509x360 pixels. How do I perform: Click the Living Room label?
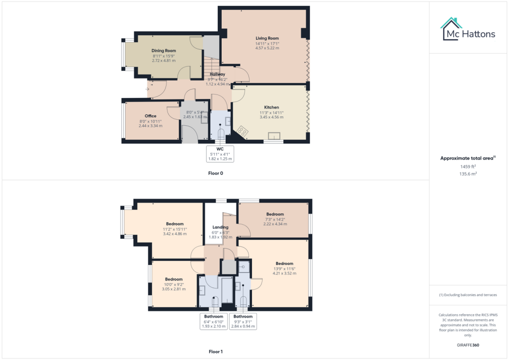[267, 38]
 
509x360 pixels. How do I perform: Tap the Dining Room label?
[164, 51]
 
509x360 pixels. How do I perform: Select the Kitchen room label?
[271, 107]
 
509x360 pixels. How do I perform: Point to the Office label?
[151, 116]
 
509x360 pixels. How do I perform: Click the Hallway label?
[217, 74]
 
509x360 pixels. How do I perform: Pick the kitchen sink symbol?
[274, 136]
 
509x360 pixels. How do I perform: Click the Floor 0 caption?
[216, 174]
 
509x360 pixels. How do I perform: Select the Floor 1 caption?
[216, 352]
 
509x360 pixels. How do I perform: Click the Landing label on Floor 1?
[220, 228]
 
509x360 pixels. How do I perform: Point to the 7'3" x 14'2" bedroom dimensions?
[275, 219]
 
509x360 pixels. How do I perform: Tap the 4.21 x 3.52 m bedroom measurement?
[284, 273]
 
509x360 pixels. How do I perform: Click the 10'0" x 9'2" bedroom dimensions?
[174, 284]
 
